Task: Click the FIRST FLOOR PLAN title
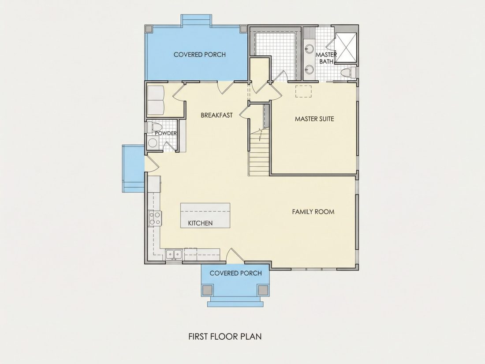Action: pyautogui.click(x=225, y=336)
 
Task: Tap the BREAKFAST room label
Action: pyautogui.click(x=216, y=115)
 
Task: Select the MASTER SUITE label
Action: pyautogui.click(x=314, y=119)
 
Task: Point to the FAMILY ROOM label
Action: pyautogui.click(x=313, y=212)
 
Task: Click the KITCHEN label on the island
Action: pyautogui.click(x=200, y=223)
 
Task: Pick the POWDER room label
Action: pyautogui.click(x=166, y=133)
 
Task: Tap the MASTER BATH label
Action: pyautogui.click(x=326, y=58)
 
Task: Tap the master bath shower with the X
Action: pyautogui.click(x=346, y=47)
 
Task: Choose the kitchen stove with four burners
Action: pyautogui.click(x=155, y=218)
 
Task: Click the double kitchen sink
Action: pyautogui.click(x=174, y=254)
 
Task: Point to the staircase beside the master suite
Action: pyautogui.click(x=259, y=151)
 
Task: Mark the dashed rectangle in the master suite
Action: pyautogui.click(x=303, y=91)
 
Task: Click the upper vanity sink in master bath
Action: pyautogui.click(x=309, y=48)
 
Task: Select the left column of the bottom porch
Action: pyautogui.click(x=207, y=290)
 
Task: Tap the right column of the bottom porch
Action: pyautogui.click(x=263, y=290)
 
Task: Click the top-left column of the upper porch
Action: pyautogui.click(x=149, y=29)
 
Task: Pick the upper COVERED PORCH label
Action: pyautogui.click(x=199, y=55)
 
